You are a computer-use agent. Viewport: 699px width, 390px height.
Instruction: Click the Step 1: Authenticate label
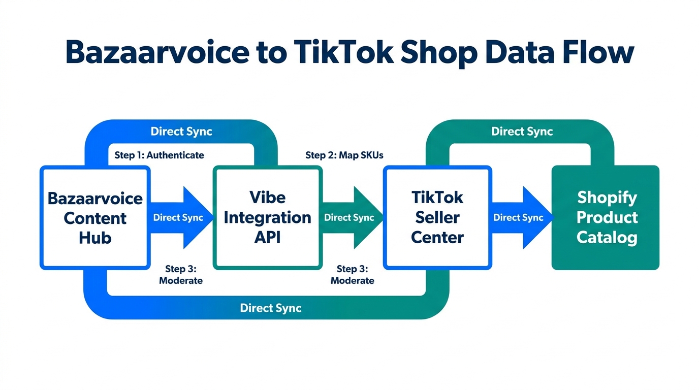pyautogui.click(x=159, y=155)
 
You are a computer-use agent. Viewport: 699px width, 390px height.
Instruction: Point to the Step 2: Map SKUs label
pyautogui.click(x=344, y=155)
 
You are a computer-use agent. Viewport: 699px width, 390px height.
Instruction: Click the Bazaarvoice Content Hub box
pyautogui.click(x=94, y=217)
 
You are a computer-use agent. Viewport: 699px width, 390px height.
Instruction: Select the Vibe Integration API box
pyautogui.click(x=267, y=217)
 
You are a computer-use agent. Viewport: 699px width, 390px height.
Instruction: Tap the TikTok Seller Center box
pyautogui.click(x=437, y=217)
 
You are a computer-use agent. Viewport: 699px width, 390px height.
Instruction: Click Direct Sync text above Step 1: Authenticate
pyautogui.click(x=181, y=132)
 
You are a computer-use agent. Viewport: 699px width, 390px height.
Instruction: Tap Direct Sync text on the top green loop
pyautogui.click(x=522, y=132)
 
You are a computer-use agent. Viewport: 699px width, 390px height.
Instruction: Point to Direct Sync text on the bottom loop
pyautogui.click(x=270, y=308)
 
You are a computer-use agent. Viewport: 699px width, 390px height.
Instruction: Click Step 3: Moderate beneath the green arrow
pyautogui.click(x=352, y=274)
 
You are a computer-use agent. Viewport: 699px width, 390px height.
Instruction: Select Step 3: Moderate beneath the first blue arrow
pyautogui.click(x=181, y=274)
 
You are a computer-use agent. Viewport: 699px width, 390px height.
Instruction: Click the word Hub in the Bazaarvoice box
pyautogui.click(x=94, y=238)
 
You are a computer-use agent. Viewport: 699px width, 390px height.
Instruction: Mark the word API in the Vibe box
pyautogui.click(x=267, y=238)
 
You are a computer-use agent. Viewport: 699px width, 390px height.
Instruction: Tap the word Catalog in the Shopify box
pyautogui.click(x=607, y=237)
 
